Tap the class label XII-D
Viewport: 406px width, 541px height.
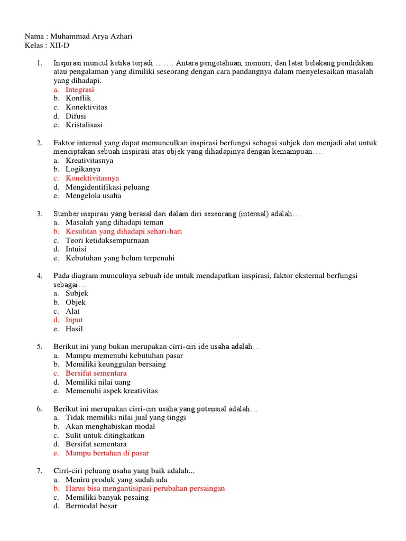[x=59, y=45]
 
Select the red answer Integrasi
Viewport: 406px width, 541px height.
[x=80, y=89]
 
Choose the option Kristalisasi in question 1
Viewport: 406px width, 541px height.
[x=84, y=125]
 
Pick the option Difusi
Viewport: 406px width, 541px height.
[x=76, y=116]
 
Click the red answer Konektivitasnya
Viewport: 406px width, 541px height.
[x=93, y=178]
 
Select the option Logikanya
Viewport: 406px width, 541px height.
[x=83, y=169]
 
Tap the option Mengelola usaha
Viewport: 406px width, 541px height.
[x=93, y=196]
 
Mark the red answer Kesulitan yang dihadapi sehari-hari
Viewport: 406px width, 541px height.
[x=124, y=231]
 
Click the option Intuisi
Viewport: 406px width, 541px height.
[x=76, y=249]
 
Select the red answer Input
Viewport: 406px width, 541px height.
[x=74, y=320]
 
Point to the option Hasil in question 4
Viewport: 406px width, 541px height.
[x=74, y=329]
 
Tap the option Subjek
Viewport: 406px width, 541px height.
[x=77, y=293]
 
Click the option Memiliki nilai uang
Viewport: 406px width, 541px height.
[x=98, y=382]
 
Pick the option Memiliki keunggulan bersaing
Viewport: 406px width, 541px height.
[x=116, y=364]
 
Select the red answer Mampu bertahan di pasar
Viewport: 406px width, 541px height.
[x=107, y=453]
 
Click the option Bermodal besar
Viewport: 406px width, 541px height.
[x=91, y=506]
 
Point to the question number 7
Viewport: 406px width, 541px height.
[x=39, y=471]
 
